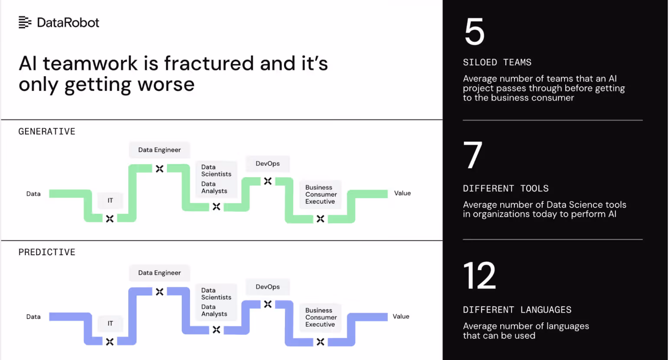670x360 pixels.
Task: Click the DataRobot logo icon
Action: point(25,22)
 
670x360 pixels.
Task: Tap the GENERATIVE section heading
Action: point(47,131)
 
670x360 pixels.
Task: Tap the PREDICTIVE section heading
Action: point(47,252)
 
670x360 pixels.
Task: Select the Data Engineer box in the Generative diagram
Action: point(159,150)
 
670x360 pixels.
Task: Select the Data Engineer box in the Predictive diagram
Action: point(159,273)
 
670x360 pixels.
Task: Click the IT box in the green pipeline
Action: point(110,201)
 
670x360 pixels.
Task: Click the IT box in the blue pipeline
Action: point(110,324)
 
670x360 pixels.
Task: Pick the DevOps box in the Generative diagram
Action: point(268,164)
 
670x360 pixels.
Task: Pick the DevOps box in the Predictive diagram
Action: point(268,287)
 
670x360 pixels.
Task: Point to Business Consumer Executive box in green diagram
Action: point(320,195)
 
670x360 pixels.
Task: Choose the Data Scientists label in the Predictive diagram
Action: point(216,294)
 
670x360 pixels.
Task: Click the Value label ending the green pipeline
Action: point(402,193)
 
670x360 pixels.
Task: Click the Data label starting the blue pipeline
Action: point(33,317)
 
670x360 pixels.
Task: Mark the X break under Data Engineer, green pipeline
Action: point(160,169)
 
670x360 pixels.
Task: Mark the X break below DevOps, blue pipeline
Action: point(268,304)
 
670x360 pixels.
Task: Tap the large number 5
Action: point(474,32)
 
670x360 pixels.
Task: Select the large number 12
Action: point(479,276)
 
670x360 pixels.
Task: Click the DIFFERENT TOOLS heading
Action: point(505,188)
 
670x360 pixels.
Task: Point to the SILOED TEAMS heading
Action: point(497,62)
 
